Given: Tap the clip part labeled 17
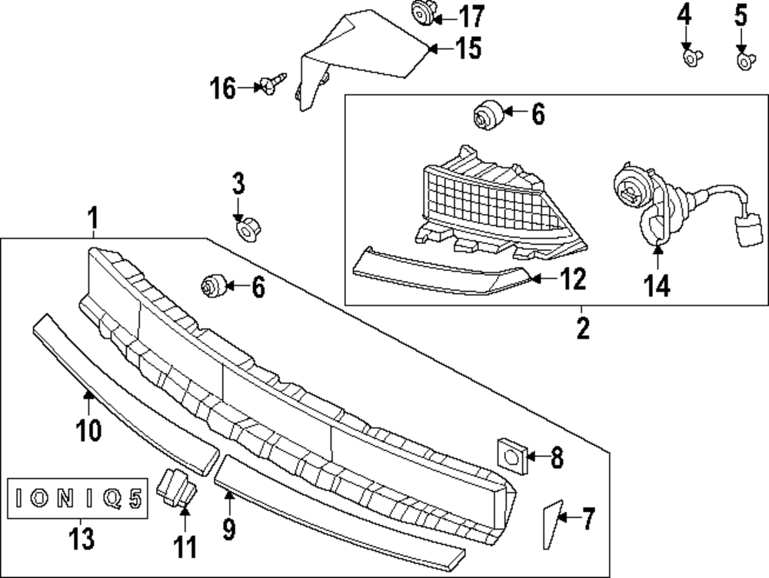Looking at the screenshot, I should tap(421, 13).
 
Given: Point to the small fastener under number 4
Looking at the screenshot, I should tap(691, 55).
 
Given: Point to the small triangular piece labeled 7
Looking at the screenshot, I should tap(551, 526).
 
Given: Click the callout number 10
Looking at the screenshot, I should tap(88, 429).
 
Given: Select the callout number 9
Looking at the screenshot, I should tap(229, 527).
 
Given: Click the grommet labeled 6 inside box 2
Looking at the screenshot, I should tap(487, 116).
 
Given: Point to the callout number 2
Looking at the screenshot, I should tap(583, 329).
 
